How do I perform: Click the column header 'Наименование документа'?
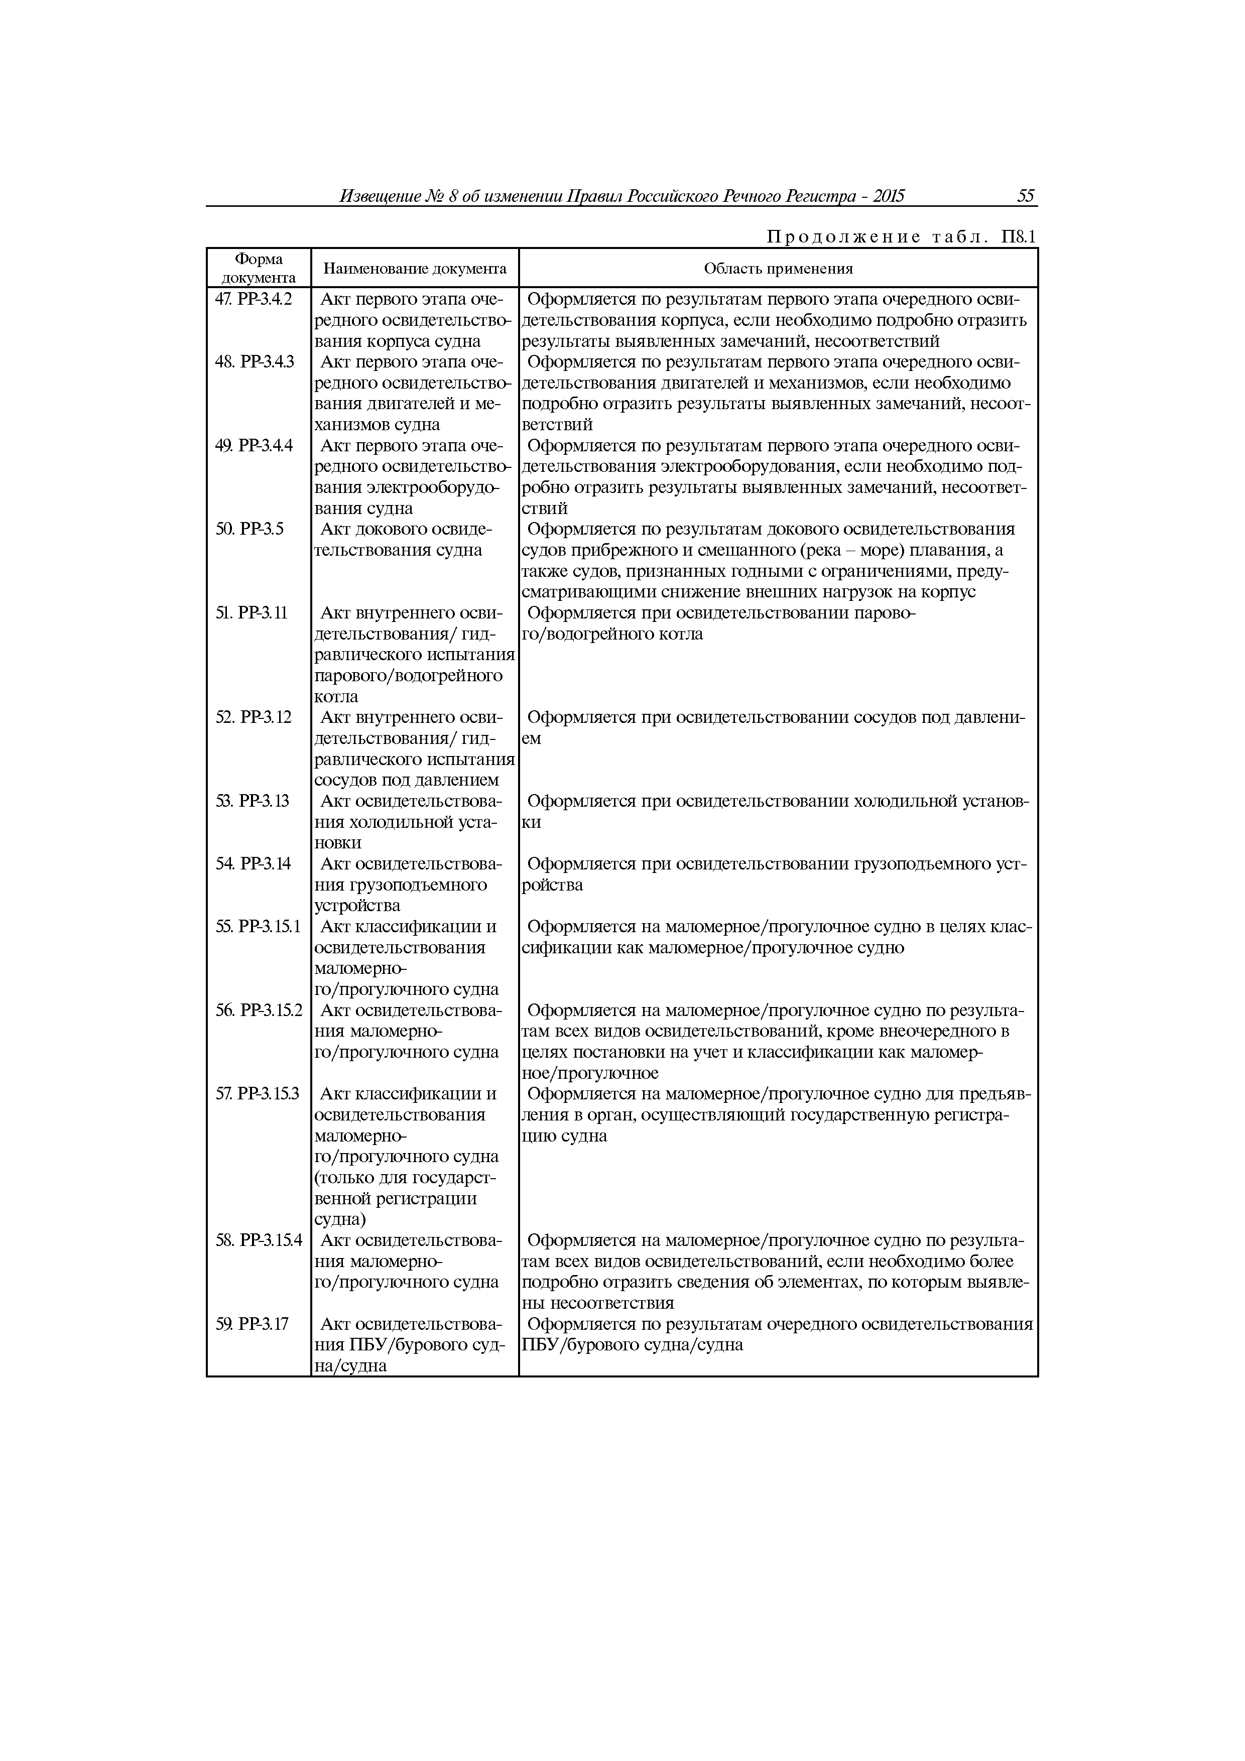point(415,269)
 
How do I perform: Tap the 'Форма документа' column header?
point(259,269)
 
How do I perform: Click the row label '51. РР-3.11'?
point(252,613)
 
